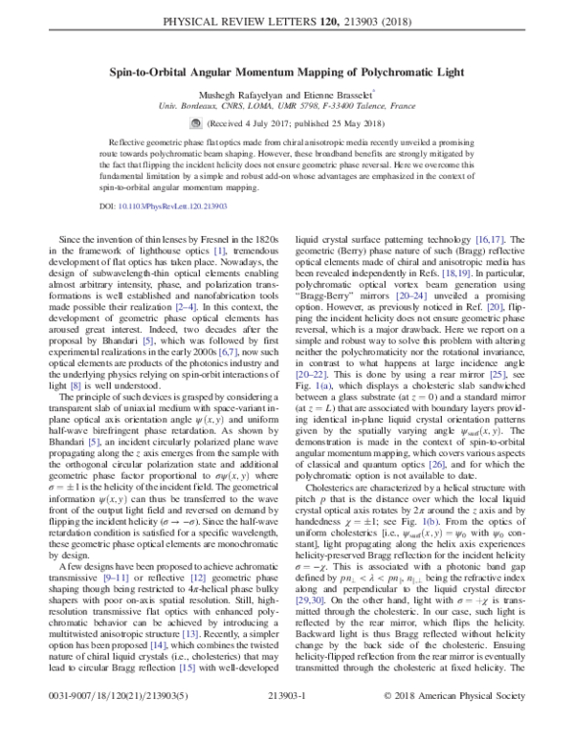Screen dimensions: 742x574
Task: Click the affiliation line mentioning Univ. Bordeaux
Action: (x=287, y=110)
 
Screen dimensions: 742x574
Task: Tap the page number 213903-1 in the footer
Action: (x=287, y=724)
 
